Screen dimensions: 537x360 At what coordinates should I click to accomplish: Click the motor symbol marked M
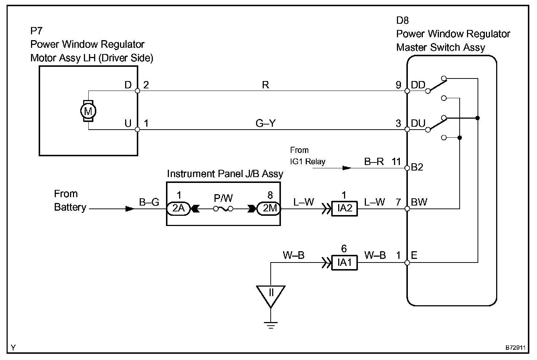[x=88, y=111]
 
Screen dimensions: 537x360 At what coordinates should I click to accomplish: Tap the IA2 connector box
[x=344, y=208]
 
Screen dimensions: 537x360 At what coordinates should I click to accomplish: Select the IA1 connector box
[x=344, y=263]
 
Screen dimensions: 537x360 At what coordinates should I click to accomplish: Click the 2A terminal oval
[x=179, y=208]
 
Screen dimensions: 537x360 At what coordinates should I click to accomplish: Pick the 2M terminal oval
[x=269, y=208]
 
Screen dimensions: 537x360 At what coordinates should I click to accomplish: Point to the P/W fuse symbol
[x=223, y=209]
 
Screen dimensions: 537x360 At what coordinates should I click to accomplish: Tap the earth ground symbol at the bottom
[x=271, y=325]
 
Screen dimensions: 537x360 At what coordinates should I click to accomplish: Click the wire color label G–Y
[x=266, y=123]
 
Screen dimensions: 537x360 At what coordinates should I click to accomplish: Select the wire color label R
[x=265, y=85]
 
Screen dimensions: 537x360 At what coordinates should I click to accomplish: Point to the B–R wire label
[x=374, y=161]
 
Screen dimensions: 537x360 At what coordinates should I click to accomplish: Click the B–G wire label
[x=149, y=202]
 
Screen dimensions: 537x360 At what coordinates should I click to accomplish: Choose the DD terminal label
[x=418, y=85]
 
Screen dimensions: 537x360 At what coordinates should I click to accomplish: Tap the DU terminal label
[x=418, y=123]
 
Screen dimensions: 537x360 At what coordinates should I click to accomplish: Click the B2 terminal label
[x=417, y=167]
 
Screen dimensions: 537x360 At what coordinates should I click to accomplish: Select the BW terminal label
[x=419, y=202]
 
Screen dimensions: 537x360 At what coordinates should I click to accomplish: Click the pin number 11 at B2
[x=396, y=161]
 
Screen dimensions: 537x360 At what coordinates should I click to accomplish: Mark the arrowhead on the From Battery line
[x=130, y=209]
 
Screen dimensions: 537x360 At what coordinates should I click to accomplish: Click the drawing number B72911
[x=515, y=348]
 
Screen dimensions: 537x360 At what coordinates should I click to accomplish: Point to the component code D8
[x=402, y=21]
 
